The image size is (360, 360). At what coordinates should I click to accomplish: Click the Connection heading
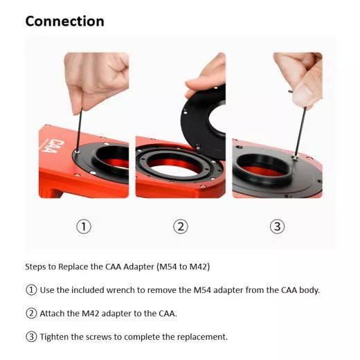64,21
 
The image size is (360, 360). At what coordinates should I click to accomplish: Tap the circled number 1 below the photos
84,226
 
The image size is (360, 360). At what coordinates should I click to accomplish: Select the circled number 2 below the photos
180,226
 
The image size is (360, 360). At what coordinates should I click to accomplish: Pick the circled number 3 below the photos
277,226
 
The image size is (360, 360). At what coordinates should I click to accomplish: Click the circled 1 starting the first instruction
31,289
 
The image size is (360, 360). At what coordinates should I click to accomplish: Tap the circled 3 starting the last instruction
31,337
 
